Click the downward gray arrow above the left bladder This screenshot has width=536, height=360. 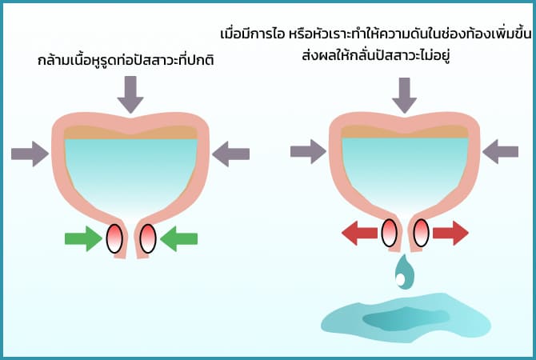click(130, 94)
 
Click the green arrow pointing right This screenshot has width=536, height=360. click(84, 237)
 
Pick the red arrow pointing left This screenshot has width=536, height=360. click(359, 233)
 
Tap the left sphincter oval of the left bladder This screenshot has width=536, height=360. click(114, 238)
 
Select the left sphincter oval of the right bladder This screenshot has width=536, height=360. click(390, 233)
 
